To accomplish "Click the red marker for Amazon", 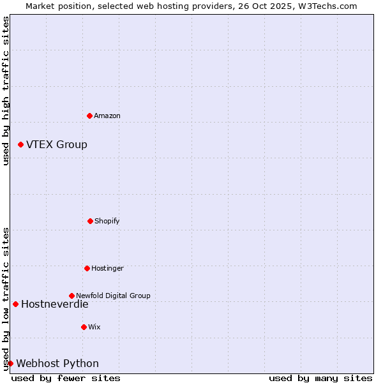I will pyautogui.click(x=89, y=116).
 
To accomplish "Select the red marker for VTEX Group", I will pyautogui.click(x=20, y=145).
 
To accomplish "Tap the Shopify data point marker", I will pyautogui.click(x=90, y=221).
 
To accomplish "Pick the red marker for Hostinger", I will pyautogui.click(x=87, y=268).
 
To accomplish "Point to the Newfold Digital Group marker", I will pyautogui.click(x=71, y=296).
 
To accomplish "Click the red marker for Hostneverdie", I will pyautogui.click(x=15, y=304).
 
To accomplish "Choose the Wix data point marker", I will pyautogui.click(x=84, y=327).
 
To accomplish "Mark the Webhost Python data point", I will pyautogui.click(x=10, y=363).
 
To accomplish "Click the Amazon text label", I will pyautogui.click(x=107, y=116).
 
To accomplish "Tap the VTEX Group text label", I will pyautogui.click(x=57, y=145).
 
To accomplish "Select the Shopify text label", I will pyautogui.click(x=107, y=222).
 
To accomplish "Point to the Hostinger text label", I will pyautogui.click(x=107, y=269).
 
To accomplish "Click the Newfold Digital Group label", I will pyautogui.click(x=113, y=296).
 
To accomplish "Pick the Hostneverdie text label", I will pyautogui.click(x=54, y=304).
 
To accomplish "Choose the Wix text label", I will pyautogui.click(x=94, y=327).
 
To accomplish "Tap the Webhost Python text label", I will pyautogui.click(x=57, y=364).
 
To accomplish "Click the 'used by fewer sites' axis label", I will pyautogui.click(x=66, y=378).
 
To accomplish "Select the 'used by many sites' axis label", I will pyautogui.click(x=320, y=378).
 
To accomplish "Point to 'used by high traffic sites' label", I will pyautogui.click(x=6, y=91).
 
